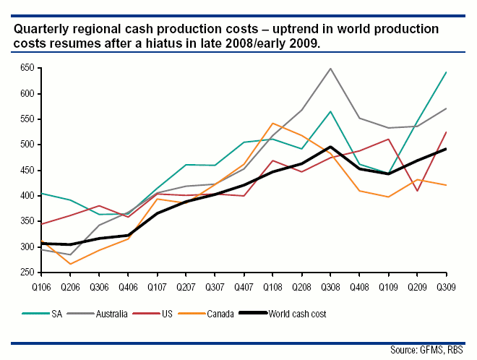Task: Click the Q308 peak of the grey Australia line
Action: click(330, 69)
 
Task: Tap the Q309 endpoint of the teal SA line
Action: click(446, 72)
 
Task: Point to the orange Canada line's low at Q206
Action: click(70, 264)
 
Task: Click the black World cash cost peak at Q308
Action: click(330, 147)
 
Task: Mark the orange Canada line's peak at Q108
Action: click(272, 124)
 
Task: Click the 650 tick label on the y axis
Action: click(28, 68)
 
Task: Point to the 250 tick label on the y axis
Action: click(28, 273)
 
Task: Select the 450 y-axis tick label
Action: click(28, 171)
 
